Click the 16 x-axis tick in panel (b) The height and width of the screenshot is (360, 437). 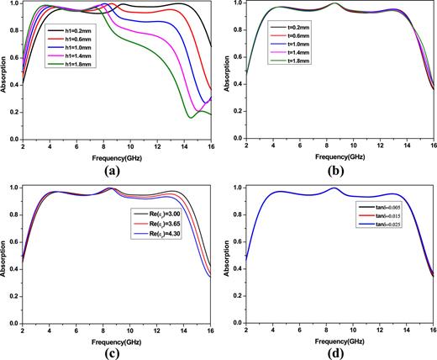click(434, 146)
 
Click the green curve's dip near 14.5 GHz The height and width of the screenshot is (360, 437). click(191, 117)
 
